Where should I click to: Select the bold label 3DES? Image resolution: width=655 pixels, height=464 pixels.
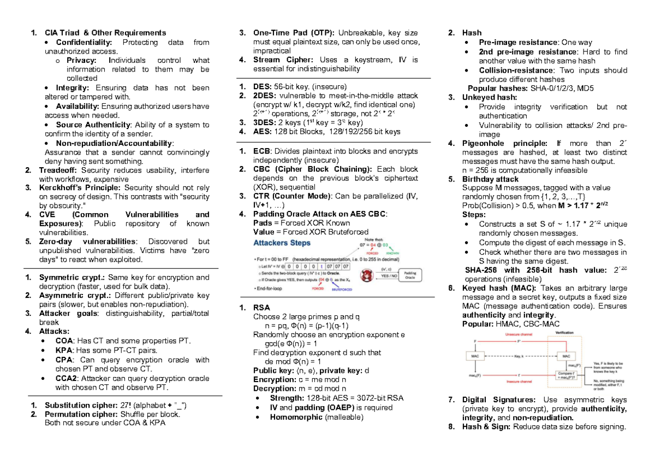click(x=265, y=122)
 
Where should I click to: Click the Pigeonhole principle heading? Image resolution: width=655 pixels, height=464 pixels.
click(x=504, y=144)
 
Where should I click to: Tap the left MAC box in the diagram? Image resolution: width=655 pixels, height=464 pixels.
click(x=474, y=355)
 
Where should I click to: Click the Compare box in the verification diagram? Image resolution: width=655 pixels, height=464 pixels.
click(x=566, y=374)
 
